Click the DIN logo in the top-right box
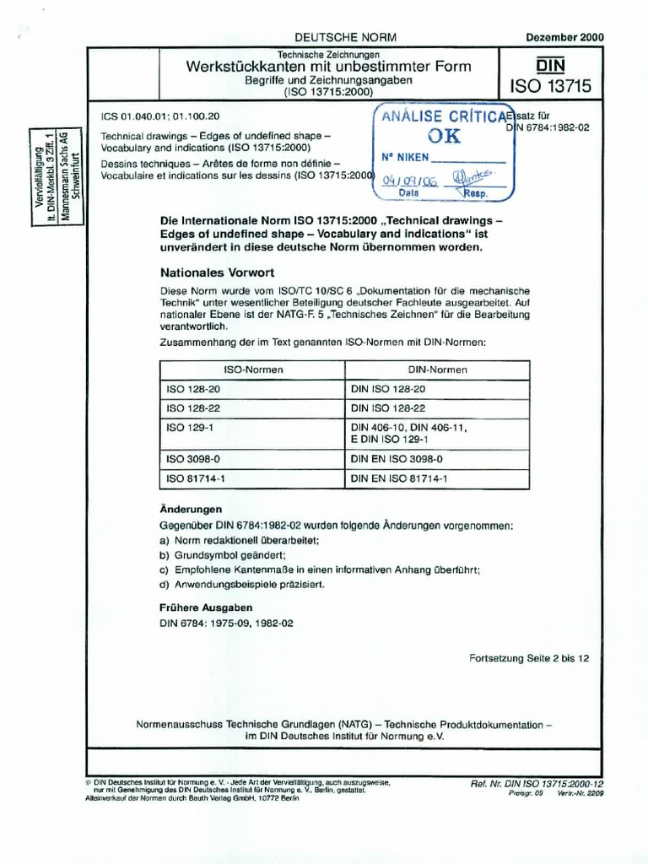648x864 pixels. [x=550, y=66]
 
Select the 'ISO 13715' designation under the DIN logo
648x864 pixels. [x=550, y=87]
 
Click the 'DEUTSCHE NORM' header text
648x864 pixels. [x=344, y=38]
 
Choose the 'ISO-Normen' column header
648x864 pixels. [x=252, y=370]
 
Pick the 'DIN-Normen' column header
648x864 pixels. [x=438, y=370]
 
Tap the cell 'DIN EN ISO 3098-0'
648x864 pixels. [x=396, y=458]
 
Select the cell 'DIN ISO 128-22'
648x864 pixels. [x=388, y=408]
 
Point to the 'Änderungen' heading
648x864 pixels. [x=191, y=510]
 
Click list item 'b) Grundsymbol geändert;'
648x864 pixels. [x=223, y=555]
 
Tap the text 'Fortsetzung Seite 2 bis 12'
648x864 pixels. [x=529, y=660]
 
